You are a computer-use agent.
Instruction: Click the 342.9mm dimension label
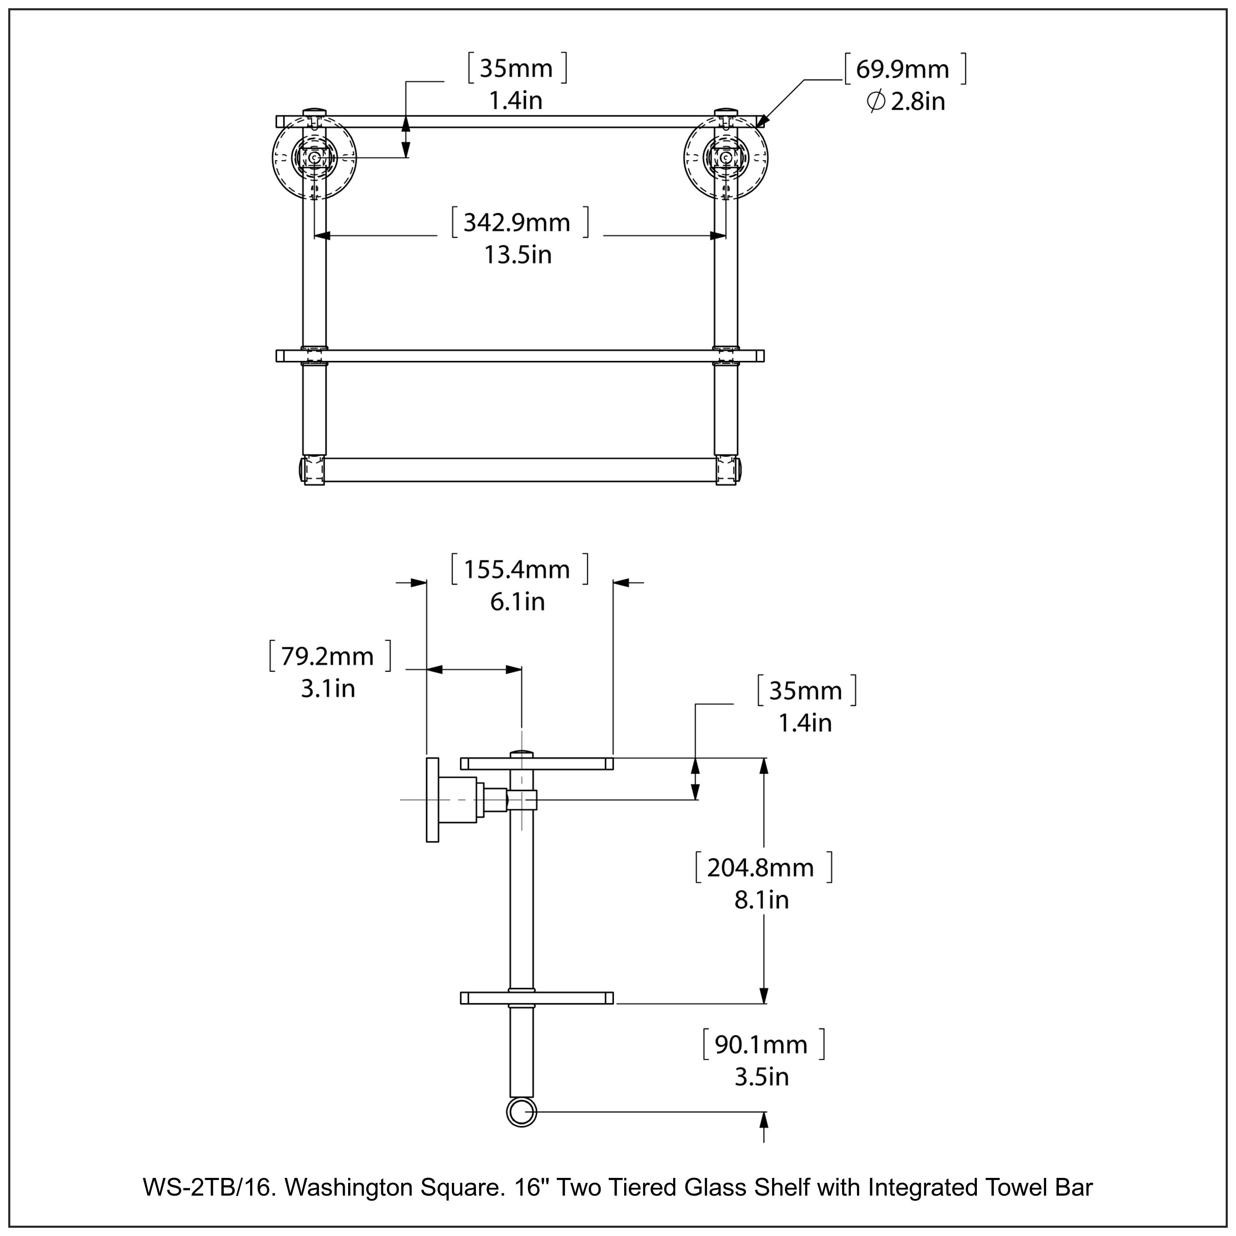point(517,222)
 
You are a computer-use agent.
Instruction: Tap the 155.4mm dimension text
point(517,569)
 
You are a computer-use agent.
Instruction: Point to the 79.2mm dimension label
point(328,656)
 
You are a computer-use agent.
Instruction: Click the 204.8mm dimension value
point(761,868)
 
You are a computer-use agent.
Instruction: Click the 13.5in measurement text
point(517,255)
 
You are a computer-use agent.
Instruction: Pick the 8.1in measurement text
point(761,900)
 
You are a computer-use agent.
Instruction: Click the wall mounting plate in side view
point(433,800)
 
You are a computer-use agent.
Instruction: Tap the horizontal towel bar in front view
point(520,470)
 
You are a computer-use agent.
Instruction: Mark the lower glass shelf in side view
point(536,997)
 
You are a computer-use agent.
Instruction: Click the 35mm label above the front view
point(516,68)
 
